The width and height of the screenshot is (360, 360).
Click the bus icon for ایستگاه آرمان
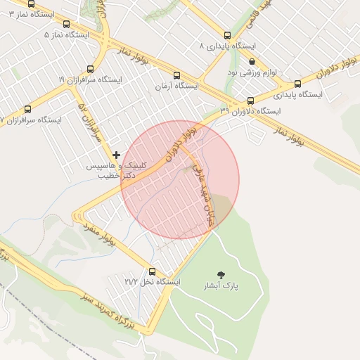click(176, 76)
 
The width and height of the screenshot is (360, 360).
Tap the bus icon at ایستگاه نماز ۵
click(66, 24)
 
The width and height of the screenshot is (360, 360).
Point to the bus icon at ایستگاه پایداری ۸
click(226, 35)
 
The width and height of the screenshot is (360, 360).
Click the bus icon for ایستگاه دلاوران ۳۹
click(251, 101)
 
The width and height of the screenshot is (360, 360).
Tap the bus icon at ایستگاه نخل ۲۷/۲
click(153, 271)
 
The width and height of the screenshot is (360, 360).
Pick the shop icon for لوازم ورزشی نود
click(252, 62)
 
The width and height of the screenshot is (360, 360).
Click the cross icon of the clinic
click(116, 155)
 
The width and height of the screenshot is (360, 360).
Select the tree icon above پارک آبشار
click(222, 274)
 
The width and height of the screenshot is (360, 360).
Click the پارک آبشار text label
click(221, 286)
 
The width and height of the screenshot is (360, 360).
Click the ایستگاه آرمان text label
click(176, 86)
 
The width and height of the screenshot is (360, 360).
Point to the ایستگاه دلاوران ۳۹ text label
click(250, 111)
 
